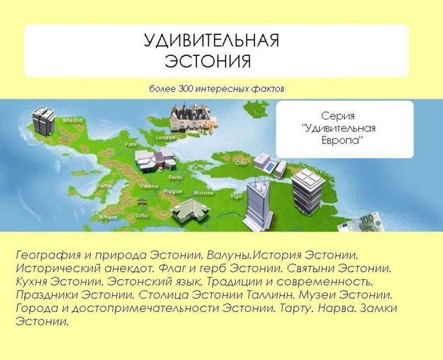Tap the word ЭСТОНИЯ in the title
[207, 61]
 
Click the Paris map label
[131, 145]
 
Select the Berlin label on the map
[175, 178]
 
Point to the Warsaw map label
[203, 193]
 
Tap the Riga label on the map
[236, 196]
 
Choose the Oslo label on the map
[241, 163]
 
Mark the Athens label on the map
[108, 217]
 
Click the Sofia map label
[142, 215]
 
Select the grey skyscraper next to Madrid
[43, 121]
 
